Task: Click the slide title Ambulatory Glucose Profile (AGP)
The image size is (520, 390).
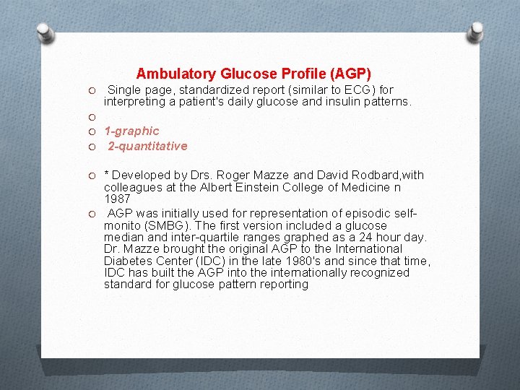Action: [x=253, y=74]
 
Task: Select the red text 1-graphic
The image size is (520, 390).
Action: [x=131, y=131]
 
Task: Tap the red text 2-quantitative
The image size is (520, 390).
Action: [x=147, y=146]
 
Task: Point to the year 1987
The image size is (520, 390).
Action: [x=117, y=199]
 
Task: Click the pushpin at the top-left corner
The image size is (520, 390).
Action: [x=45, y=32]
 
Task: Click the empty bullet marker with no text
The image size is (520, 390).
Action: [x=92, y=116]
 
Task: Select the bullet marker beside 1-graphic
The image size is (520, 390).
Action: [x=92, y=131]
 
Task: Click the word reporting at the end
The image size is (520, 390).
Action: [x=285, y=284]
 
